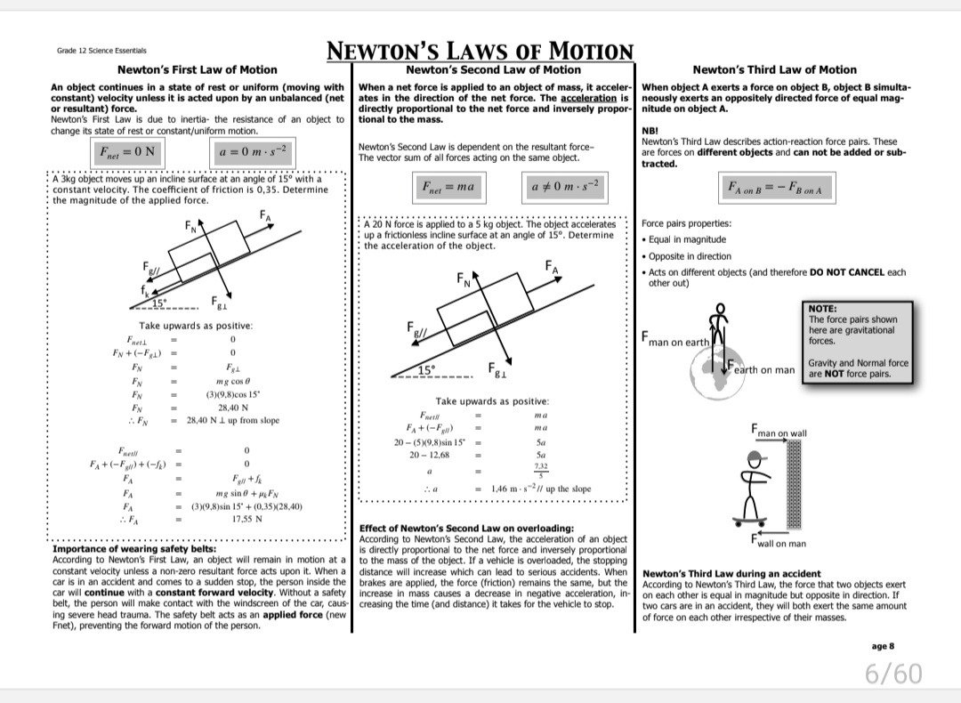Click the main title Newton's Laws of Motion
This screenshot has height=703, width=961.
click(480, 51)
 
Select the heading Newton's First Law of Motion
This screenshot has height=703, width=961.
click(198, 69)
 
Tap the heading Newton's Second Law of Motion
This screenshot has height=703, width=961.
click(493, 69)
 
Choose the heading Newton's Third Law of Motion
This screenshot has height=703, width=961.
click(774, 69)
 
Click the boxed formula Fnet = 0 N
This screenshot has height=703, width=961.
click(125, 151)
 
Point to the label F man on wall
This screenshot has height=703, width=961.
click(779, 432)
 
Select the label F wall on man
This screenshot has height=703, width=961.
click(779, 542)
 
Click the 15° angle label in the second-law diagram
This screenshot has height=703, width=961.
click(428, 369)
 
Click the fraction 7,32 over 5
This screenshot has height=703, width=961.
click(541, 470)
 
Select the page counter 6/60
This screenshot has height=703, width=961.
click(893, 674)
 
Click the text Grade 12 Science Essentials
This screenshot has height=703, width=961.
click(101, 51)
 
